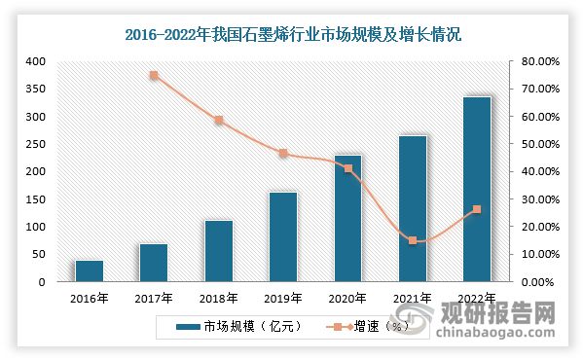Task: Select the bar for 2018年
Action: tap(219, 251)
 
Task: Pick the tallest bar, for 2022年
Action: tap(477, 189)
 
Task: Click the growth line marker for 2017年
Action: tap(154, 75)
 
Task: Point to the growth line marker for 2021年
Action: tap(412, 240)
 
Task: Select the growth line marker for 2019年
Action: tap(283, 153)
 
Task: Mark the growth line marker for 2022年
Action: tap(477, 209)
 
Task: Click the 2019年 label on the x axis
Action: tap(283, 298)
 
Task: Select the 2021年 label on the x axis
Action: tap(412, 298)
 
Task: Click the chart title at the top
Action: tap(292, 34)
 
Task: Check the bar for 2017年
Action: tap(154, 263)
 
